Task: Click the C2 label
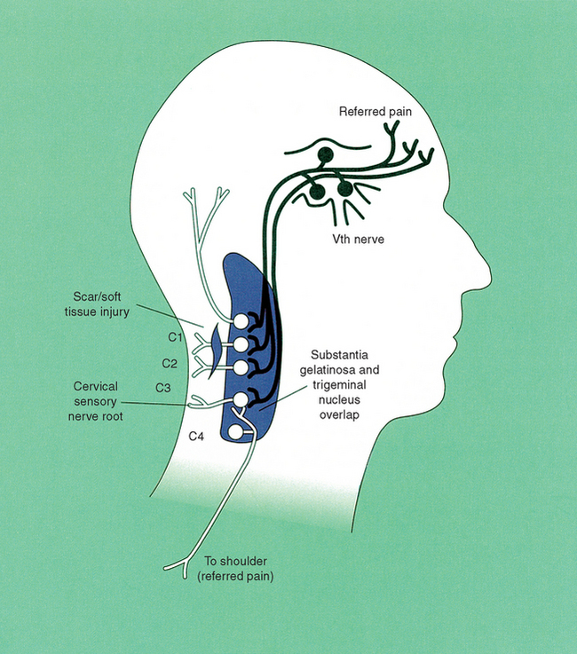point(170,363)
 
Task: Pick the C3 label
point(162,387)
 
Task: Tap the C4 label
point(197,436)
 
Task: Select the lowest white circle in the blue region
point(235,432)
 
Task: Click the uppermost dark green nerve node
point(325,156)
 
